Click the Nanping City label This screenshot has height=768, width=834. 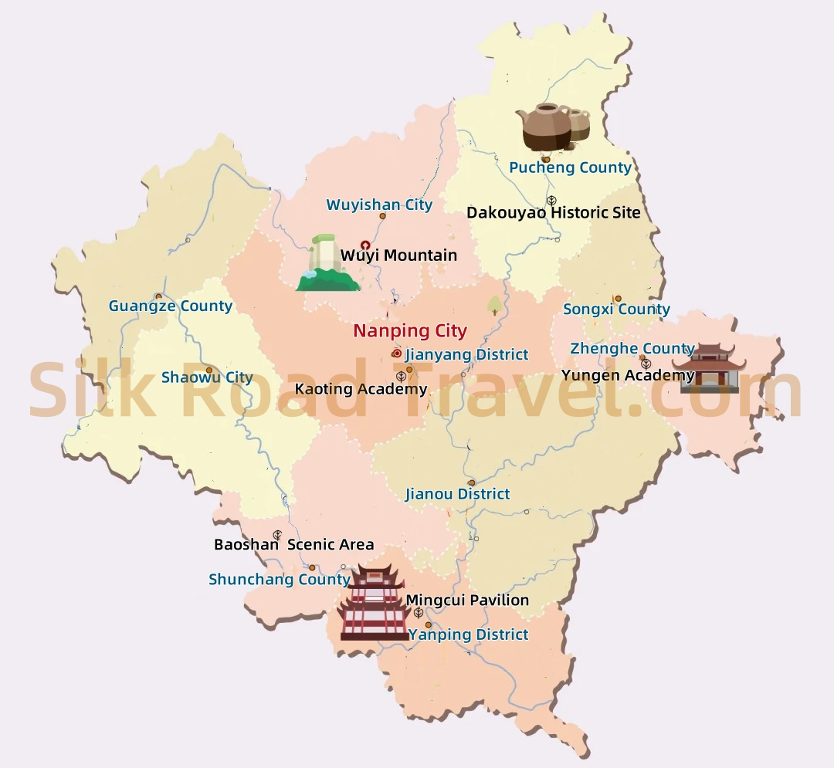coord(410,331)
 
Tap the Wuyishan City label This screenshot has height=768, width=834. coord(379,205)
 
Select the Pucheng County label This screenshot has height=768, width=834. coord(570,167)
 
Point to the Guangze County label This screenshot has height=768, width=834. coord(170,306)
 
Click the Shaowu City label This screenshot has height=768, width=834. coord(207,377)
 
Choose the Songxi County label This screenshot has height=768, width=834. coord(616,310)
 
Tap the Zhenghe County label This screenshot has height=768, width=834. coord(632,348)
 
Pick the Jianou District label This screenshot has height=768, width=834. coord(457,494)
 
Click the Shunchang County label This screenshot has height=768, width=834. coord(280,580)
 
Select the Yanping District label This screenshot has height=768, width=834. coord(469,634)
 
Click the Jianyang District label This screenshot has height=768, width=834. coord(466,354)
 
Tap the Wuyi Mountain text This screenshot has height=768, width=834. coord(398,255)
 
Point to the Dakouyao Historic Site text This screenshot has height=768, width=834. coord(554,212)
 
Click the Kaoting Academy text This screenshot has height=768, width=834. coord(361,389)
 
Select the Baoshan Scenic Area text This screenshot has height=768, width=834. coord(293,545)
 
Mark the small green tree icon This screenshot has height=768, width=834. coord(494,305)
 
